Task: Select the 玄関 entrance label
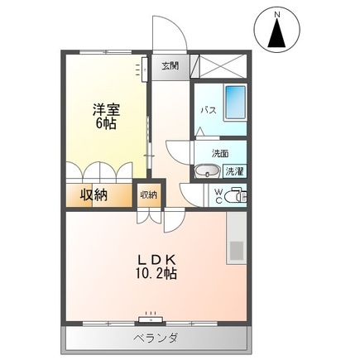coord(170,66)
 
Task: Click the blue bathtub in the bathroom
coord(235,103)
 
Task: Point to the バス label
coord(209,111)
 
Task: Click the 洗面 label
coord(220,154)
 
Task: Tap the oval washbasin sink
coord(207,171)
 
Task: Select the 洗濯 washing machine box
coord(234,171)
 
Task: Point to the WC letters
coord(218,196)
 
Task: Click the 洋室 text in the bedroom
coord(106,110)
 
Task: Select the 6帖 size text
coord(106,124)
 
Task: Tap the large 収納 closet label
coord(94,195)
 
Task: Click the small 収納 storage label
coord(149,195)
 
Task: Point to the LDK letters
coord(156,260)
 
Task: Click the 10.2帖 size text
coord(156,273)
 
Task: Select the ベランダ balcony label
coord(156,338)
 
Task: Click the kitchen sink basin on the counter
coord(237,251)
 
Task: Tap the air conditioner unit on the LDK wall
coord(151,319)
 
